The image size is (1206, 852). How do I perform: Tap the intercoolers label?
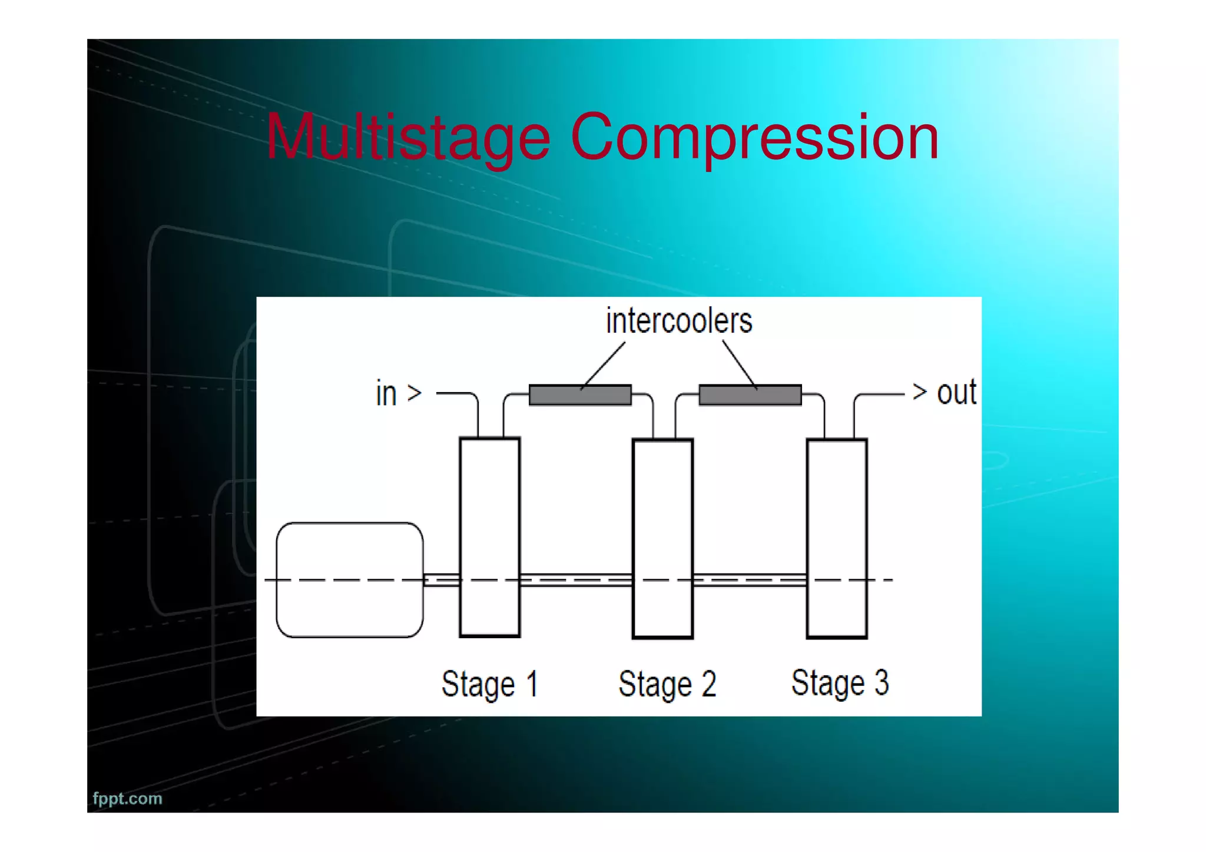pyautogui.click(x=679, y=321)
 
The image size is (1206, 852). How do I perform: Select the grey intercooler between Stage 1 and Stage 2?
pyautogui.click(x=580, y=395)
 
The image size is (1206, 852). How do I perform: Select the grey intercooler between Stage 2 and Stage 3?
pyautogui.click(x=750, y=395)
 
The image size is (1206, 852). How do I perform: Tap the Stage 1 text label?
pyautogui.click(x=489, y=684)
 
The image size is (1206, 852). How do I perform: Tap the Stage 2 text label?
pyautogui.click(x=667, y=684)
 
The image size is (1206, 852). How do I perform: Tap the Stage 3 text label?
pyautogui.click(x=840, y=683)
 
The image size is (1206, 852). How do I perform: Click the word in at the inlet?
pyautogui.click(x=386, y=393)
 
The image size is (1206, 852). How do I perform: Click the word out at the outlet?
pyautogui.click(x=956, y=393)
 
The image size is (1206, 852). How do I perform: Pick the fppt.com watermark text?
pyautogui.click(x=127, y=798)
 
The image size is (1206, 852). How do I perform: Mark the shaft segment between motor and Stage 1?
pyautogui.click(x=441, y=580)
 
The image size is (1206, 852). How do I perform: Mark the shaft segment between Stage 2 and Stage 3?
pyautogui.click(x=749, y=580)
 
